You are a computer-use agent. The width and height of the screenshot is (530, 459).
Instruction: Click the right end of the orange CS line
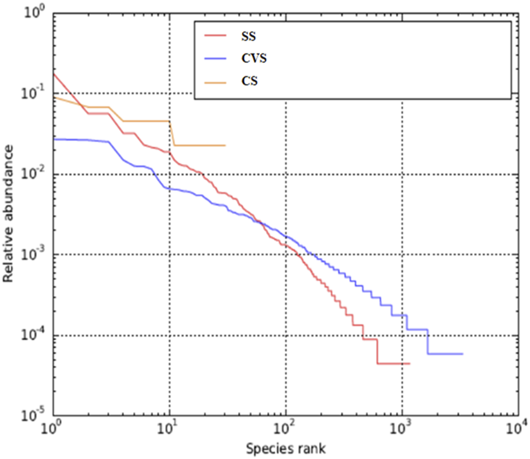(x=225, y=146)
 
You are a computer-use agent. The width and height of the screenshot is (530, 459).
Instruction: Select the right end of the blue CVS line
(x=463, y=354)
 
